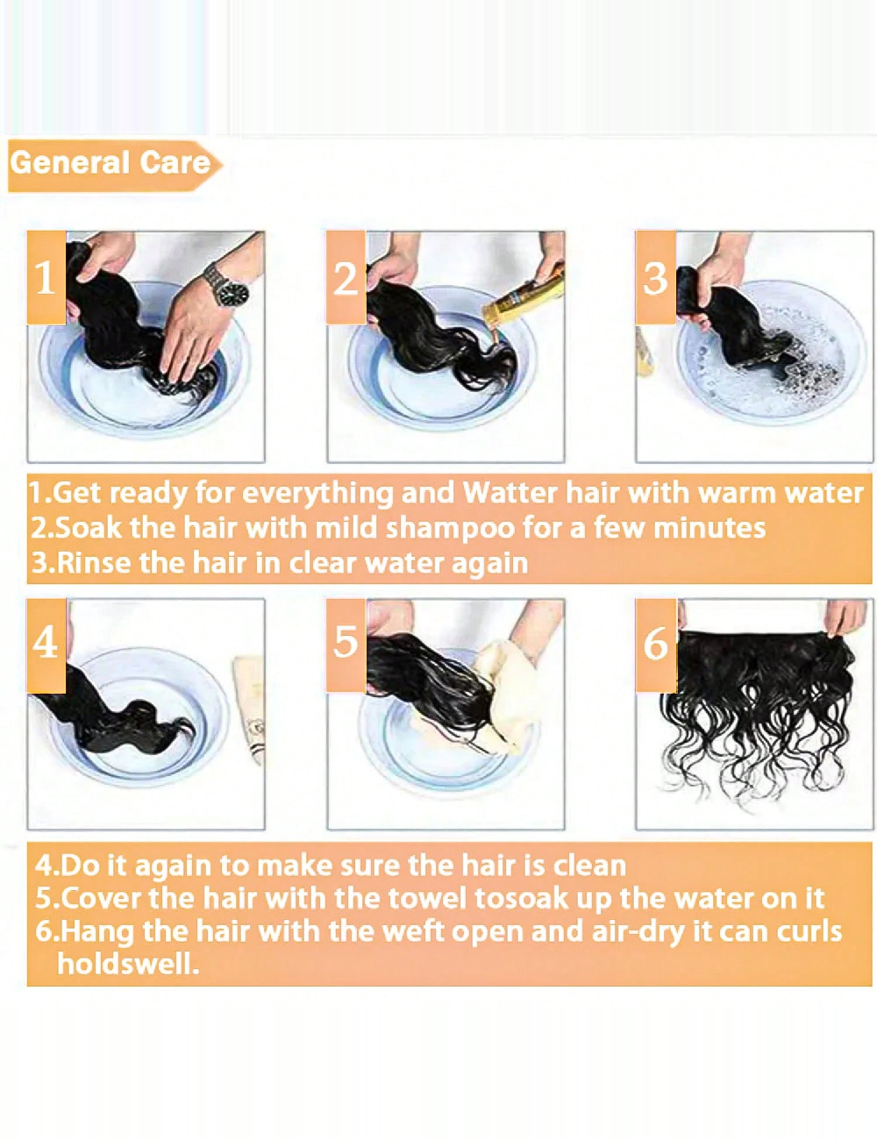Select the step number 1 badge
(46, 277)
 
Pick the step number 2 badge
(346, 277)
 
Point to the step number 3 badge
(656, 277)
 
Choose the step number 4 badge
(46, 645)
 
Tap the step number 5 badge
(346, 645)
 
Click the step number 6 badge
(656, 645)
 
